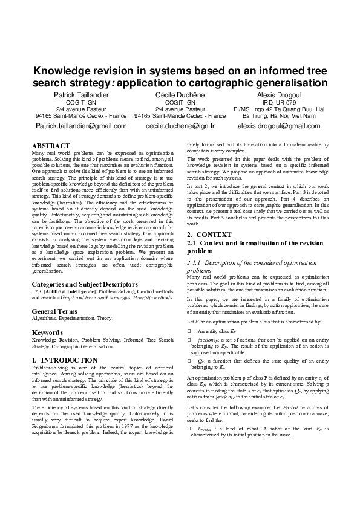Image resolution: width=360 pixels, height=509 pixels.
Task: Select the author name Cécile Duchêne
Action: click(180, 96)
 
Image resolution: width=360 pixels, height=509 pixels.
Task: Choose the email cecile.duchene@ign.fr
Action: click(180, 126)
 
